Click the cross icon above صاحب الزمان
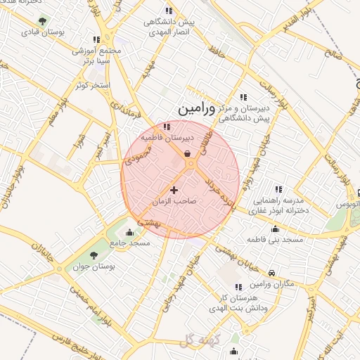click(x=174, y=190)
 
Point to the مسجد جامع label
click(x=129, y=243)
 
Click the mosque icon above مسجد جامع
click(x=129, y=233)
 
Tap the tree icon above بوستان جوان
click(x=94, y=255)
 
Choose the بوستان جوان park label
click(x=94, y=266)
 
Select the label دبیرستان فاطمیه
click(x=162, y=138)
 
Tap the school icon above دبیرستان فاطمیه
click(x=167, y=127)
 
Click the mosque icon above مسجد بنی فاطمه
click(x=274, y=229)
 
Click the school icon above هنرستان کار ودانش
click(x=238, y=287)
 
